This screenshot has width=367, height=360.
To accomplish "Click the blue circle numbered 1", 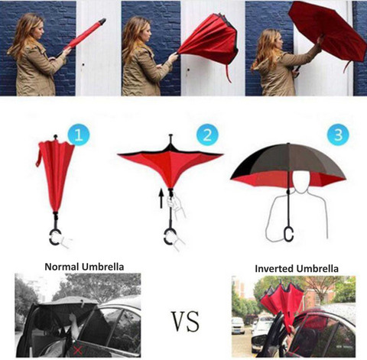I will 80,137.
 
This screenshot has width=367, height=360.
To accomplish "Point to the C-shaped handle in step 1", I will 54,238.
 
